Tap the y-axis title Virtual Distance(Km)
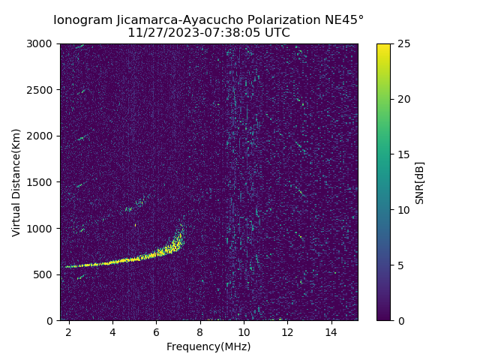click(16, 182)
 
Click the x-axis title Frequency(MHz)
click(208, 346)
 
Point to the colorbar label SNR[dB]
click(420, 182)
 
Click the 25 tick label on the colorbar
click(403, 43)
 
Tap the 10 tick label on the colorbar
click(403, 210)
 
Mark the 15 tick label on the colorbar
click(403, 154)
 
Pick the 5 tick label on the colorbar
click(400, 265)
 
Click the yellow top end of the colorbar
click(383, 46)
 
